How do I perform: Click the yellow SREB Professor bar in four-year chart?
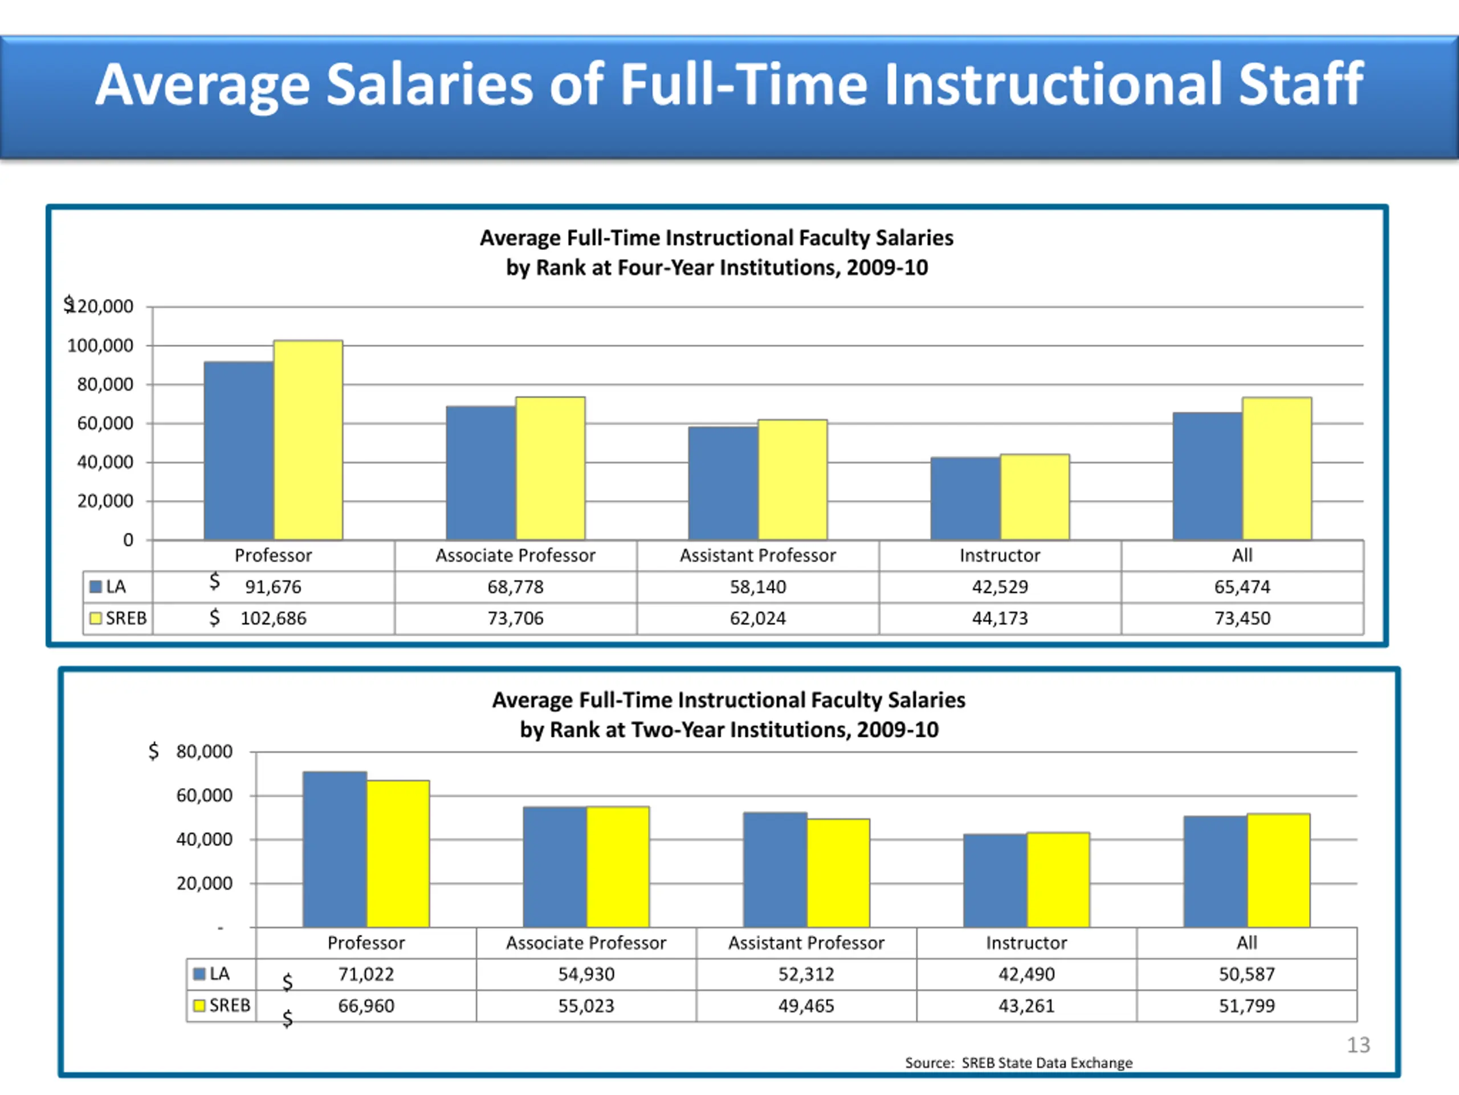click(308, 440)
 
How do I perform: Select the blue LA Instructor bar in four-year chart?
click(965, 498)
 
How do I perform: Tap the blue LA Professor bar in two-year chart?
click(335, 849)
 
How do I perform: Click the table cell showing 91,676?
click(273, 587)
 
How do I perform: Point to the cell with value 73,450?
click(1242, 618)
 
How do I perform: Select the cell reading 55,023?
click(586, 1006)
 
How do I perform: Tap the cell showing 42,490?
click(1026, 974)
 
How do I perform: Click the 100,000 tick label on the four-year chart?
click(100, 346)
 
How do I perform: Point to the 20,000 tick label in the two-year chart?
click(205, 883)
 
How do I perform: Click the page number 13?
click(1358, 1045)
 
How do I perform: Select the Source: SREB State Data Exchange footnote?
click(1018, 1062)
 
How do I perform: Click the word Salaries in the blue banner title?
click(429, 84)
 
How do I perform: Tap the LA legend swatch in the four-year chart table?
click(96, 587)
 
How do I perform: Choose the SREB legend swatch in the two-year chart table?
click(198, 1006)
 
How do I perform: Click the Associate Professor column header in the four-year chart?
click(515, 555)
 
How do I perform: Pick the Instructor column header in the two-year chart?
click(1026, 943)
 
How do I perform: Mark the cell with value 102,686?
click(273, 618)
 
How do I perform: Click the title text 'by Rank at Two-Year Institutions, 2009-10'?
click(729, 730)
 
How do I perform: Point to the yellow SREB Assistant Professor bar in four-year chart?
click(792, 480)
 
